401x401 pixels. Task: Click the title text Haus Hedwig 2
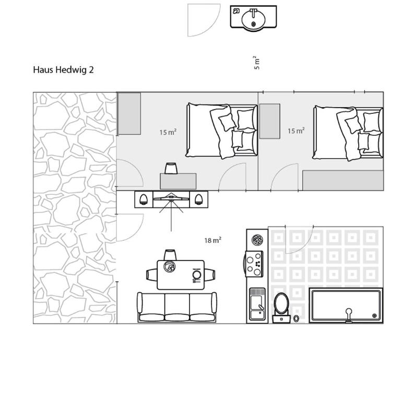click(63, 70)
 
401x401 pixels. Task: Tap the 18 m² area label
click(213, 240)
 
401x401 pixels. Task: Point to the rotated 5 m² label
click(257, 63)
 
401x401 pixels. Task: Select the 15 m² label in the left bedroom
click(168, 132)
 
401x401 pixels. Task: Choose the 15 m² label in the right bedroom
click(296, 131)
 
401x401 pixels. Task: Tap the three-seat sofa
click(177, 307)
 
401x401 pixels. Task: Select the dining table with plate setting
click(181, 275)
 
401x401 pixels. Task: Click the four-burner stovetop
click(254, 264)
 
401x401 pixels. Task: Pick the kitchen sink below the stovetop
click(257, 304)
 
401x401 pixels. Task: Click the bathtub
click(346, 305)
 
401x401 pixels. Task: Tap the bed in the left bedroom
click(221, 131)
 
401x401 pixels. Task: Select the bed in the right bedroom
click(348, 133)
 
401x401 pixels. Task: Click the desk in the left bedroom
click(178, 181)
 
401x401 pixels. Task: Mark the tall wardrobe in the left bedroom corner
click(129, 113)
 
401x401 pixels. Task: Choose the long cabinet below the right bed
click(343, 181)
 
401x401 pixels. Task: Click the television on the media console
click(171, 197)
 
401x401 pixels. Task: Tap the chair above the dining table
click(170, 255)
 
